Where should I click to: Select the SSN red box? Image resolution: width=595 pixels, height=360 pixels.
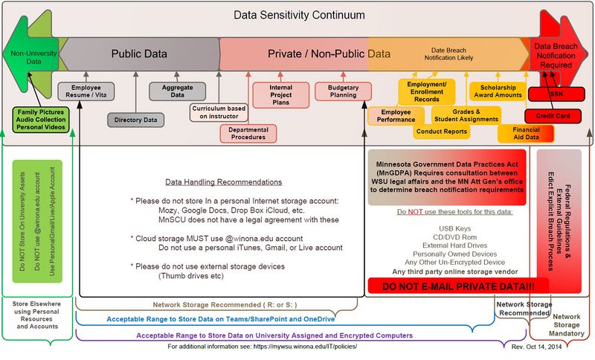[x=556, y=94]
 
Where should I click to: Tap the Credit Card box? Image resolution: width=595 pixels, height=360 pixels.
[x=553, y=116]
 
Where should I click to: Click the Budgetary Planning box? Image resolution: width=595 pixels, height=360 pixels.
[x=343, y=91]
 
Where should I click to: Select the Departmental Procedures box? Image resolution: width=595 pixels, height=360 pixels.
[x=248, y=133]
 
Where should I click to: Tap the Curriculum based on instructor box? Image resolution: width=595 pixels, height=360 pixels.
[x=219, y=112]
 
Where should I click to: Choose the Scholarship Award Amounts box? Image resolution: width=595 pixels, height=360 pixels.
[x=496, y=91]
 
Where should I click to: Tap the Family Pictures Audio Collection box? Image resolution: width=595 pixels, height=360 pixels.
[x=40, y=119]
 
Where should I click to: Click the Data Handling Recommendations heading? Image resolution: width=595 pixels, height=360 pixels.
[x=223, y=182]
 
